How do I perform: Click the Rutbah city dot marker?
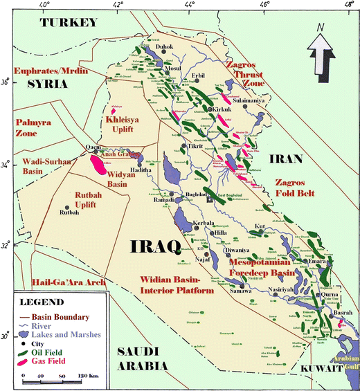(x=67, y=207)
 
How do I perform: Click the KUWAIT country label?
(x=325, y=371)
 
